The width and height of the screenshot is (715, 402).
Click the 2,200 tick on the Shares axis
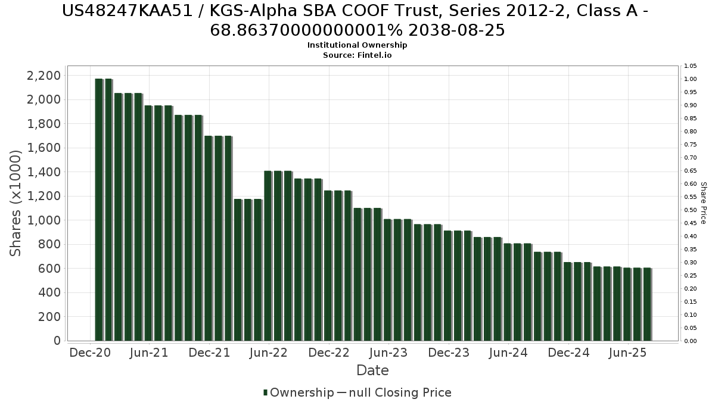44,76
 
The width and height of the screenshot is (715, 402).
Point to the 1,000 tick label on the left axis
44,220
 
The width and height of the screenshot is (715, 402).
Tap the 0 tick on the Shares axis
57,341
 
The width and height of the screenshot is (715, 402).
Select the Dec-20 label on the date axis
90,353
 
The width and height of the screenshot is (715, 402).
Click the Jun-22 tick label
269,353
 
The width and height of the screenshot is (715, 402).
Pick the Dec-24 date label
568,353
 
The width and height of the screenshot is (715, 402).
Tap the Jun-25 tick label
628,353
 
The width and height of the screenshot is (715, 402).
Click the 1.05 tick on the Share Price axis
691,66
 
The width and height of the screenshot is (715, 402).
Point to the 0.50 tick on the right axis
691,210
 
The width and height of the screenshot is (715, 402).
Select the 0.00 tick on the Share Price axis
691,341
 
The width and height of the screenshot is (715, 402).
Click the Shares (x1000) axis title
16,203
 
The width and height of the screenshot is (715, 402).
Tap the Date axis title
372,370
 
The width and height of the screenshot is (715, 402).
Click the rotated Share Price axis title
704,203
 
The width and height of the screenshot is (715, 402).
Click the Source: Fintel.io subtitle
357,55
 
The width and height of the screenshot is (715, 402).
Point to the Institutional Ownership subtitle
357,45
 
